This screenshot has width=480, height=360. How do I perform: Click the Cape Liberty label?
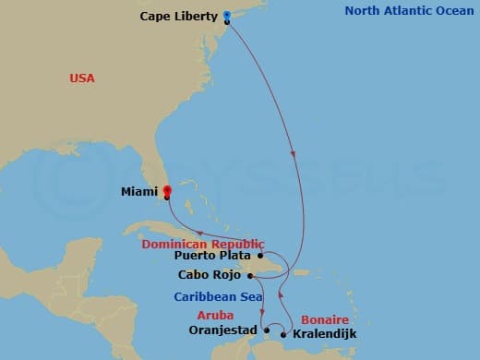point(179,16)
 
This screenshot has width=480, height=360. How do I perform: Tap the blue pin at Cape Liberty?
point(227,16)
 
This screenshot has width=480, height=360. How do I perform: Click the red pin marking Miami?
point(167,192)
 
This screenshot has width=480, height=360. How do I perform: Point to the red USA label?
point(82,78)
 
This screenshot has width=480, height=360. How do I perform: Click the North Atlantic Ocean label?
point(406,11)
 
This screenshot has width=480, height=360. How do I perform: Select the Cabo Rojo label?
point(213,274)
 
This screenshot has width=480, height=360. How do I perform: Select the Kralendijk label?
point(325,333)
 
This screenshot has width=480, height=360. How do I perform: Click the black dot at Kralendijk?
point(286,332)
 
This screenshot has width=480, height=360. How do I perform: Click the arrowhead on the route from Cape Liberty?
point(294,154)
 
